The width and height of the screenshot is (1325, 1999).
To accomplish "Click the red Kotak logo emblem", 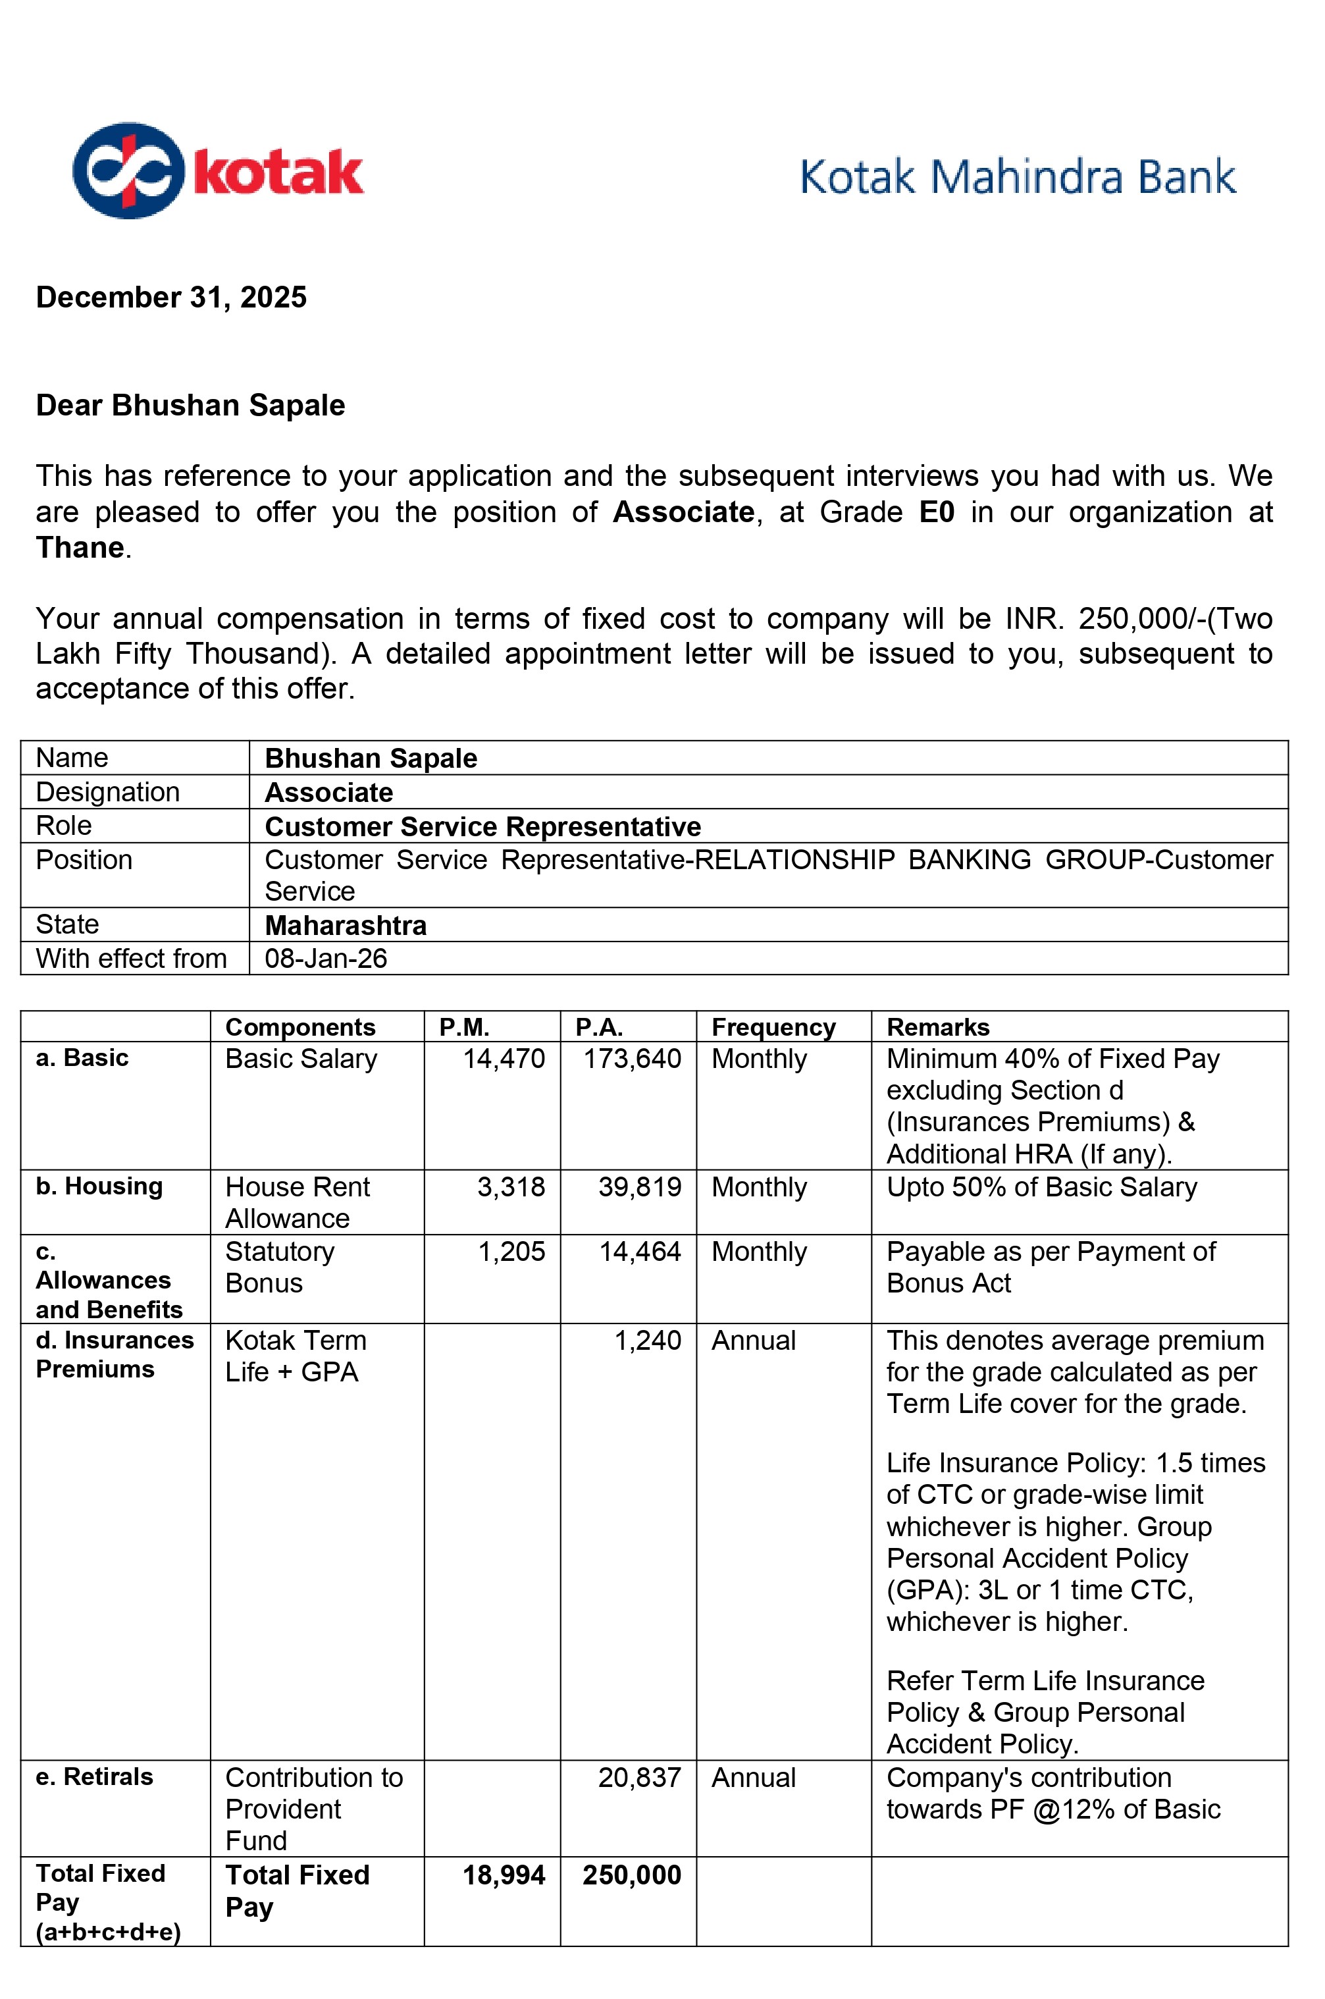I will coord(128,171).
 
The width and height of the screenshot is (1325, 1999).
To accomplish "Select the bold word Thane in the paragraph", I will coord(80,548).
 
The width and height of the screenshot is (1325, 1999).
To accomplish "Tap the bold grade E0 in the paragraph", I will coord(936,512).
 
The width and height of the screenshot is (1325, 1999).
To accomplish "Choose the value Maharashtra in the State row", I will coord(346,926).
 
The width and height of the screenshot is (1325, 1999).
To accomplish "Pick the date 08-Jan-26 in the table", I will coord(326,959).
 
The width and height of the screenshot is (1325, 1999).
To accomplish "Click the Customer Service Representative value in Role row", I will coord(482,826).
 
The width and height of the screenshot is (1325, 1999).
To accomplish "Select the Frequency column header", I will coord(773,1027).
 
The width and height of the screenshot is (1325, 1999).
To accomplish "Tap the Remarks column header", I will coord(938,1027).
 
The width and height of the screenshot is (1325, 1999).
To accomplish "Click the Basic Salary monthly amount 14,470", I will coord(504,1058).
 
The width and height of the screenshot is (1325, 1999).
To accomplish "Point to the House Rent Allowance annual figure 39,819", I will coord(640,1186).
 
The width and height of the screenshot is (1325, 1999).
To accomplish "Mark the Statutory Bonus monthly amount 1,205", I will coord(511,1252).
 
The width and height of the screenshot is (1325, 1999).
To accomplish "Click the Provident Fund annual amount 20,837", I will coord(640,1778).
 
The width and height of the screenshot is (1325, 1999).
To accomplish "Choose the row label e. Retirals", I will coord(94,1776).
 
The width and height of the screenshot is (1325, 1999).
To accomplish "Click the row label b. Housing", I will coord(99,1186).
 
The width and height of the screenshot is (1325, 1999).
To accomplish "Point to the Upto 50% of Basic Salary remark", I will coord(1041,1186).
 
